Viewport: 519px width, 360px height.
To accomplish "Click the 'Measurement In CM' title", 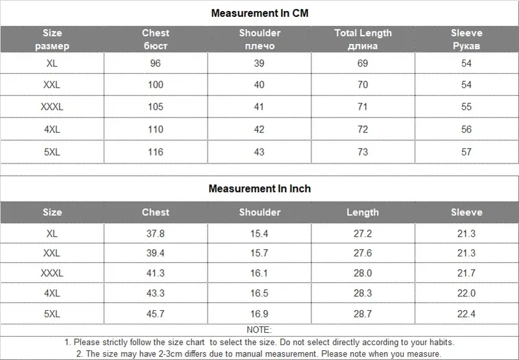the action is coord(259,13).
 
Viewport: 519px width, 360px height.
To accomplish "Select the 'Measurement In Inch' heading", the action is coord(259,189).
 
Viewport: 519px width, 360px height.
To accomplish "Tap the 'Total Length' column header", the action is coord(363,33).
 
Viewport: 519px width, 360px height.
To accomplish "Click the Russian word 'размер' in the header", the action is coord(52,46).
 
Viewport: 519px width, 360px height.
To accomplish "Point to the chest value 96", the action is coord(155,63).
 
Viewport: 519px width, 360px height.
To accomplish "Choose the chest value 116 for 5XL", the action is coord(155,152).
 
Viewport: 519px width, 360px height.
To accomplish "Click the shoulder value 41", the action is coord(259,107).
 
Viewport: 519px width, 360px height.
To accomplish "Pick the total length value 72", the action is coord(363,129).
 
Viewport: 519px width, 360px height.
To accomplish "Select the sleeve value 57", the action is coord(466,152).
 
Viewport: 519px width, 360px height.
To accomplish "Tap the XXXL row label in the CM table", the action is coord(52,107).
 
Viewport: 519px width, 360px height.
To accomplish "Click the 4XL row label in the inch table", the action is coord(52,293).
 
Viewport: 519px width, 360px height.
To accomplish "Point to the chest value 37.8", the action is coord(155,234).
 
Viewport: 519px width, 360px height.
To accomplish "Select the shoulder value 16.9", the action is coord(259,313).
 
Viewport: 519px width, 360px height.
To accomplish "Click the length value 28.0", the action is coord(363,273).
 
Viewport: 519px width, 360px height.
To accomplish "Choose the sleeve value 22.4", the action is coord(466,313).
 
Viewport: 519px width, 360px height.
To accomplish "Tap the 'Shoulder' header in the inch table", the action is coord(259,212).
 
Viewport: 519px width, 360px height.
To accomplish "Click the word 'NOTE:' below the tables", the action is coord(259,330).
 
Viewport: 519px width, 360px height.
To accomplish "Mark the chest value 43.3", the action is coord(155,293).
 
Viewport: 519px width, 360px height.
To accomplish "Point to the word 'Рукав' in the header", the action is coord(466,46).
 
